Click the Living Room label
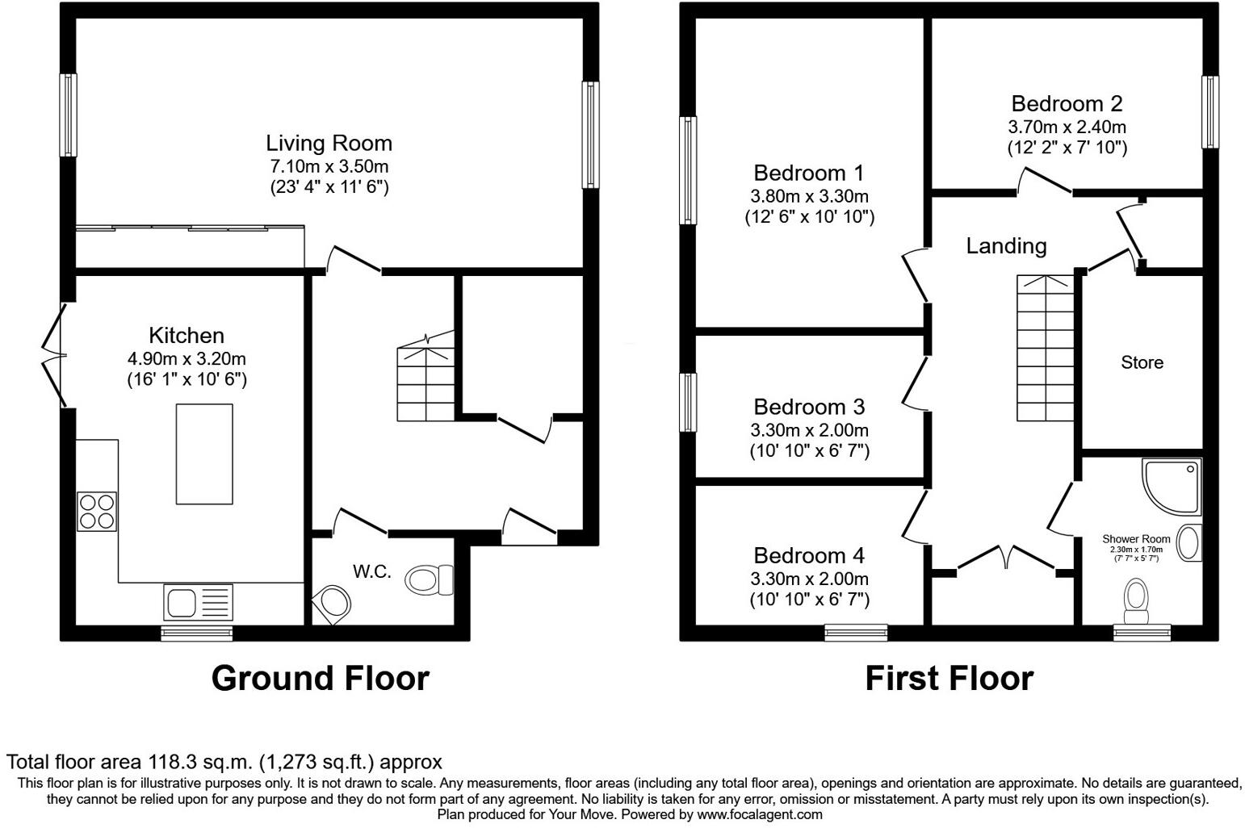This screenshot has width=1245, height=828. [x=329, y=144]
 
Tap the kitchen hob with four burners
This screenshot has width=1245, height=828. [x=97, y=512]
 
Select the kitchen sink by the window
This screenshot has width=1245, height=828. [x=198, y=601]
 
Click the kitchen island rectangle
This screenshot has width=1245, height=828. [x=204, y=454]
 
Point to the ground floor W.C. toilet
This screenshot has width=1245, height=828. [x=429, y=579]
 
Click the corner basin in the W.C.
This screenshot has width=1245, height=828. [x=333, y=604]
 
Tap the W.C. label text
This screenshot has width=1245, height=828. [x=371, y=572]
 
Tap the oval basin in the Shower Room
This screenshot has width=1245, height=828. [x=1189, y=542]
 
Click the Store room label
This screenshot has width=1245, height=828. [x=1142, y=363]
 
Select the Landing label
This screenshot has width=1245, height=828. [x=1006, y=246]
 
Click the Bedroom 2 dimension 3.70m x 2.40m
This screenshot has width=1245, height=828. [x=1067, y=127]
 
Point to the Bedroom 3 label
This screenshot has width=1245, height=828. [x=809, y=407]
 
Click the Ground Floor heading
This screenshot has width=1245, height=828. [x=320, y=679]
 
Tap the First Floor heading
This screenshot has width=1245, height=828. [x=949, y=679]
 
